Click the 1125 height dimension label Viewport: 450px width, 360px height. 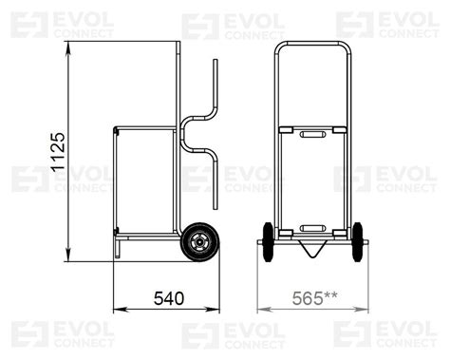pyautogui.click(x=58, y=152)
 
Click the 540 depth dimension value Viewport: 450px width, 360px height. pyautogui.click(x=169, y=298)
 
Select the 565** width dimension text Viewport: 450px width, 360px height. pyautogui.click(x=314, y=298)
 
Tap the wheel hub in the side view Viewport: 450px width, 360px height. pyautogui.click(x=199, y=242)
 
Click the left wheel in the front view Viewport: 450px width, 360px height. pyautogui.click(x=268, y=242)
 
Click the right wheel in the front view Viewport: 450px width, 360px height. pyautogui.click(x=358, y=242)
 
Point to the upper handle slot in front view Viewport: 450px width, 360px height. pyautogui.click(x=312, y=134)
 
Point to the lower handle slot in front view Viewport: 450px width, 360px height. pyautogui.click(x=312, y=228)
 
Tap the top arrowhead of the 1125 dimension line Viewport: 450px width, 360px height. pyautogui.click(x=68, y=47)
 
